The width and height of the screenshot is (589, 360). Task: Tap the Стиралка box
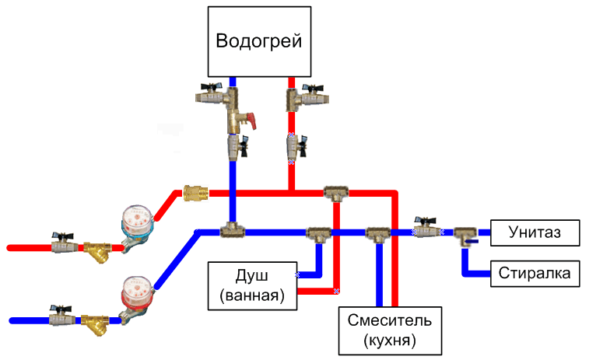(x=535, y=273)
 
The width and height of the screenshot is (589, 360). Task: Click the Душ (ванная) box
(x=252, y=285)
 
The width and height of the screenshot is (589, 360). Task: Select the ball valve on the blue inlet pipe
(x=61, y=317)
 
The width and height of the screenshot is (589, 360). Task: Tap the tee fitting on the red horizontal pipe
(x=335, y=192)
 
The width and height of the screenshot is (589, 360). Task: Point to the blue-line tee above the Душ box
(x=318, y=232)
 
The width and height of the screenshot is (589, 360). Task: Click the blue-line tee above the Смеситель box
(x=378, y=232)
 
